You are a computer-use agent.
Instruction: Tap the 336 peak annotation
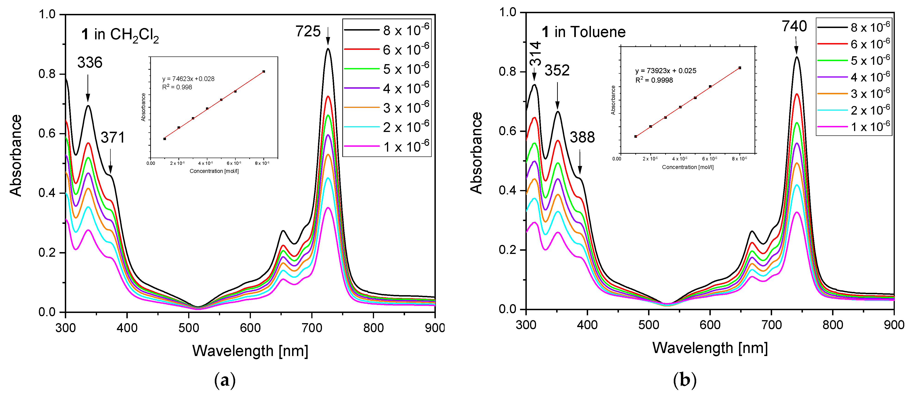tap(90, 62)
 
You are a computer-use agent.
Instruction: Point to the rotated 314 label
tap(535, 54)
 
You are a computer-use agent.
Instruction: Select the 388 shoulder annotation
tap(582, 137)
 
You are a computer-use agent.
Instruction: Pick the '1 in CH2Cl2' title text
tap(120, 35)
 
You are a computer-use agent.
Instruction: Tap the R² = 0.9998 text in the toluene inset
tap(654, 80)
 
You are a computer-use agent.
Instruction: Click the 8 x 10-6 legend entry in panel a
tap(387, 31)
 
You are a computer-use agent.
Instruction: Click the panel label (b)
tap(684, 380)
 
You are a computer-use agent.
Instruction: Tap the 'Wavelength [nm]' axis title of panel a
tap(250, 351)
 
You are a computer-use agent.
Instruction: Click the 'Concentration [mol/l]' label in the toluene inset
tap(688, 167)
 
